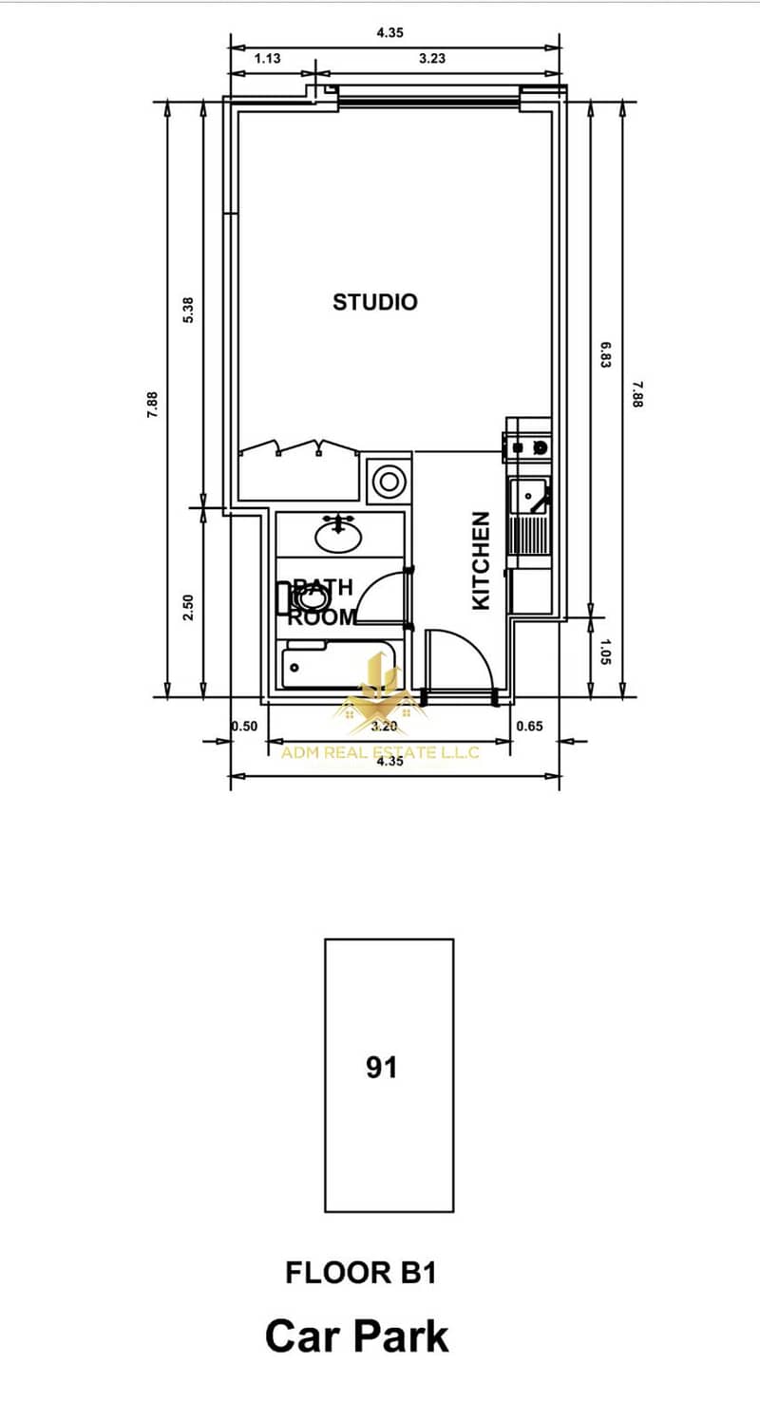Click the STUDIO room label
click(375, 302)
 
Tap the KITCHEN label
click(482, 561)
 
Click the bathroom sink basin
click(338, 537)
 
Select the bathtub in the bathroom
click(339, 666)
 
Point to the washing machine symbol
click(389, 482)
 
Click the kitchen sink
click(530, 497)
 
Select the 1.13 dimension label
click(268, 58)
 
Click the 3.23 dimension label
click(432, 58)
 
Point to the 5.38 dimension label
click(188, 310)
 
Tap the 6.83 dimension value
click(605, 355)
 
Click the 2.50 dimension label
click(187, 607)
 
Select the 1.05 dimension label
click(605, 652)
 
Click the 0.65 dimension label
click(529, 726)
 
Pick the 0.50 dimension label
click(245, 726)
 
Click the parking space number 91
click(382, 1067)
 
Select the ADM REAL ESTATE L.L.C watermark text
click(380, 752)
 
